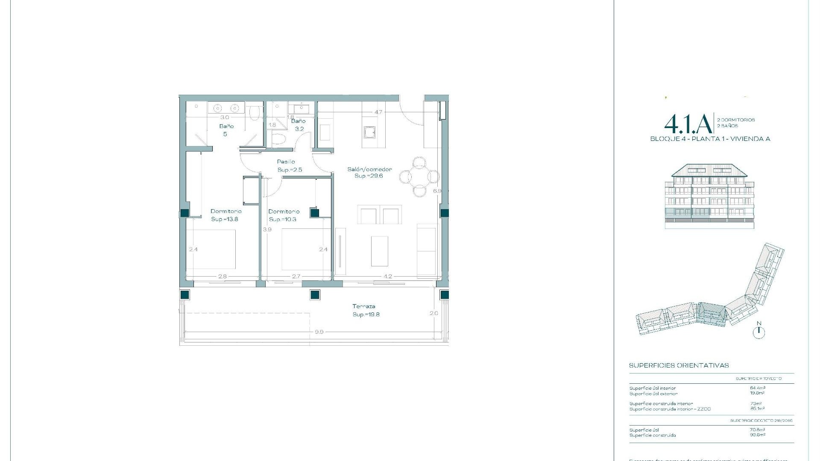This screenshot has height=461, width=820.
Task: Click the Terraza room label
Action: pyautogui.click(x=364, y=306)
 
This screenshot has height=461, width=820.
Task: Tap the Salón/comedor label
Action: pyautogui.click(x=369, y=169)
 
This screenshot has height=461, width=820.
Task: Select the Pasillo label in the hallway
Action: pyautogui.click(x=286, y=162)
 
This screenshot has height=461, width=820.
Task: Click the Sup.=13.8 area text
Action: pyautogui.click(x=224, y=219)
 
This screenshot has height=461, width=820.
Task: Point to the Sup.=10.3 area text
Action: pyautogui.click(x=282, y=219)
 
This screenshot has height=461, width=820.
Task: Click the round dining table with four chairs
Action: pyautogui.click(x=419, y=176)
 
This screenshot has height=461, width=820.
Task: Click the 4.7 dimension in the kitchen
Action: pyautogui.click(x=378, y=112)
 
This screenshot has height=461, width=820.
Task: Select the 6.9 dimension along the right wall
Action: pyautogui.click(x=437, y=191)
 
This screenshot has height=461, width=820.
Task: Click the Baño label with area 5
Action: pyautogui.click(x=226, y=126)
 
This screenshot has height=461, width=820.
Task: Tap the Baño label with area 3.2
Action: pyautogui.click(x=298, y=121)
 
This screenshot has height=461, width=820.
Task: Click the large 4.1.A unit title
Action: pyautogui.click(x=688, y=124)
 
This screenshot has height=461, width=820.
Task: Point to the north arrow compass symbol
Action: pyautogui.click(x=758, y=332)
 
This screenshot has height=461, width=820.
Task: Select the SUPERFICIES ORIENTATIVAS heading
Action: pyautogui.click(x=679, y=365)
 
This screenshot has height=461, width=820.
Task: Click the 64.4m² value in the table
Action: pyautogui.click(x=758, y=388)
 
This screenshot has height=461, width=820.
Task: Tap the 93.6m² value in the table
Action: pyautogui.click(x=758, y=435)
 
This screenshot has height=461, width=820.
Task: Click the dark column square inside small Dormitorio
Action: pyautogui.click(x=315, y=213)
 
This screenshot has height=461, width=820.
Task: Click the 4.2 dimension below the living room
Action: pyautogui.click(x=387, y=277)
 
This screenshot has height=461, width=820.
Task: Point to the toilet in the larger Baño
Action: pyautogui.click(x=255, y=113)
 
